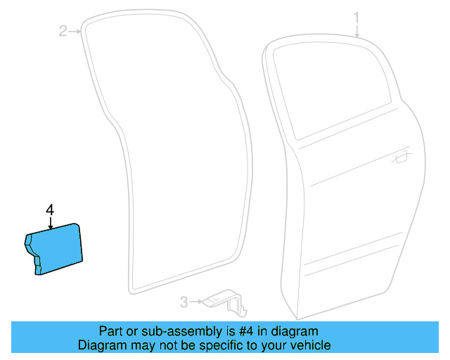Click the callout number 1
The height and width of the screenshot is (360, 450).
pos(356,16)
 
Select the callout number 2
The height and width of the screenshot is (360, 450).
pos(63,30)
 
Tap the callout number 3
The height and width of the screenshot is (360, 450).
pos(184,302)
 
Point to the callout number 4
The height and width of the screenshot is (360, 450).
pos(49,210)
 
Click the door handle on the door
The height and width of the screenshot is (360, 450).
pos(402,157)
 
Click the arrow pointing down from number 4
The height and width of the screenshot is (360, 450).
pos(50,223)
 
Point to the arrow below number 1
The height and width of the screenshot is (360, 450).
pos(357,30)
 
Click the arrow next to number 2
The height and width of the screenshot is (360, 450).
pos(76,30)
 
